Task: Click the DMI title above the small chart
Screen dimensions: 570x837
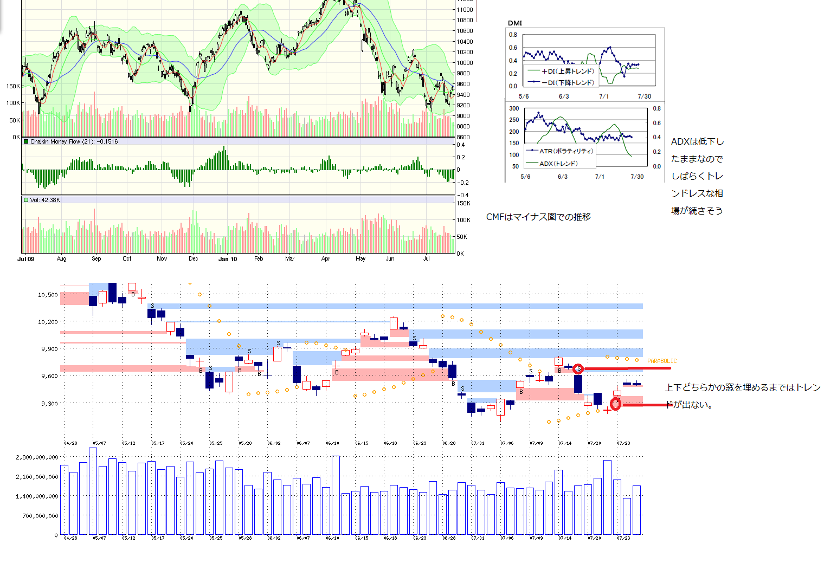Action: [514, 23]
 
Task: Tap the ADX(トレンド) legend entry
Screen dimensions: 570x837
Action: [558, 163]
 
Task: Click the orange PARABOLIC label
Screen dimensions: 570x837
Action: [661, 361]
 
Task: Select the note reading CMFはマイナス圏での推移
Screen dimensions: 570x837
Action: [538, 217]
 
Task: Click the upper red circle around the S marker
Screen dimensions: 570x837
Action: [578, 369]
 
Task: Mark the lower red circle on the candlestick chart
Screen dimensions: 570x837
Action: [615, 404]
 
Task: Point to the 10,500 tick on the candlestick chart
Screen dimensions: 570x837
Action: [48, 295]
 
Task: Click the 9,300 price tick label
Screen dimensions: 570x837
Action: [49, 404]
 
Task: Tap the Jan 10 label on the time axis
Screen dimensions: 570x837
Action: [228, 259]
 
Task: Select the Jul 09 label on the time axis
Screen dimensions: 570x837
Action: [25, 259]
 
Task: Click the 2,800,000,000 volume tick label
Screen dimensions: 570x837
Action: [37, 457]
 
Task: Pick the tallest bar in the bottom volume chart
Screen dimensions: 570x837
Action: [93, 491]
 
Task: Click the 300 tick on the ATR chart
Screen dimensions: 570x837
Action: [514, 108]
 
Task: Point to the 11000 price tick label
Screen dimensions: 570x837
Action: [464, 10]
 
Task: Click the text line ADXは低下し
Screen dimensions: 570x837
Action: [697, 141]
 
